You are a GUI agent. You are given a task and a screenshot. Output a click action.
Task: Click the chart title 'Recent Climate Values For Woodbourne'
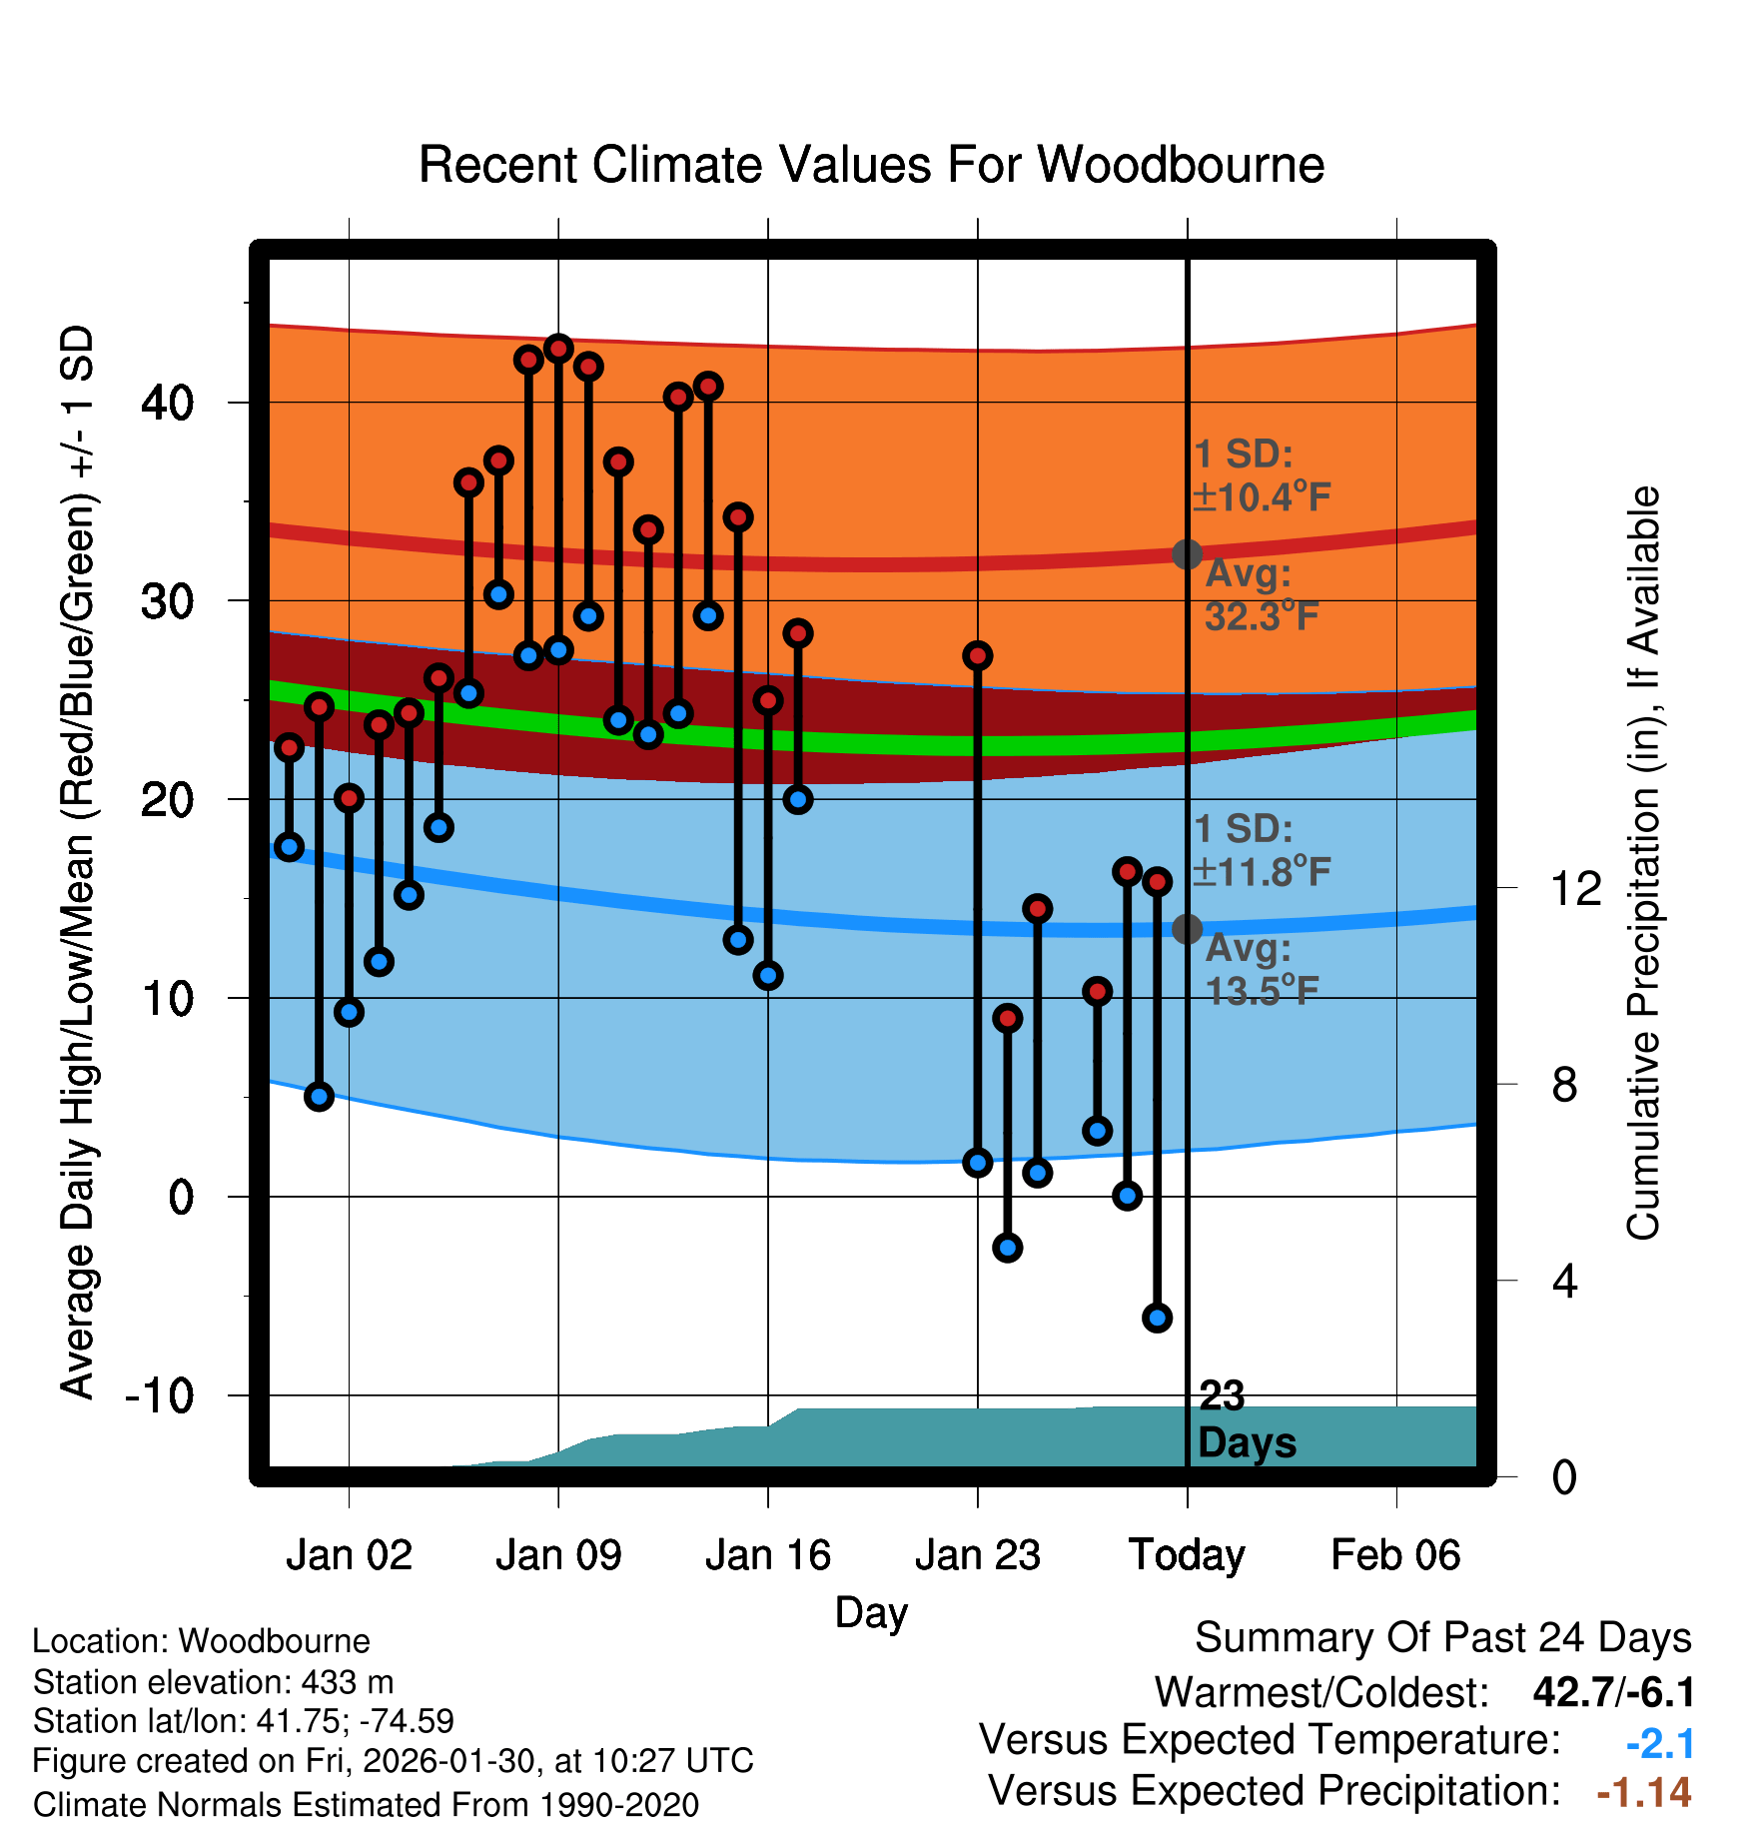pyautogui.click(x=871, y=165)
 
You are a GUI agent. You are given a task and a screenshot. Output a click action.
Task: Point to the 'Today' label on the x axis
pyautogui.click(x=1187, y=1554)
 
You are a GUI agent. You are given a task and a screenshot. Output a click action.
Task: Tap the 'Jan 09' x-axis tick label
pyautogui.click(x=558, y=1554)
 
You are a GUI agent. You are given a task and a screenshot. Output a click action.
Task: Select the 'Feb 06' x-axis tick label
pyautogui.click(x=1395, y=1554)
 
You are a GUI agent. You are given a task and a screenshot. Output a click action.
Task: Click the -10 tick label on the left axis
pyautogui.click(x=160, y=1394)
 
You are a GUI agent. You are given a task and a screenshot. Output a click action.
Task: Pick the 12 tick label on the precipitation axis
pyautogui.click(x=1575, y=888)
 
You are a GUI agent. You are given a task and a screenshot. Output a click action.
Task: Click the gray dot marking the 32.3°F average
pyautogui.click(x=1187, y=553)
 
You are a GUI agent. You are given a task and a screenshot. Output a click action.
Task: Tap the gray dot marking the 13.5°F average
pyautogui.click(x=1187, y=929)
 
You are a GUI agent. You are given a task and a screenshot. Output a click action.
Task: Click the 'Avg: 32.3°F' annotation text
pyautogui.click(x=1261, y=595)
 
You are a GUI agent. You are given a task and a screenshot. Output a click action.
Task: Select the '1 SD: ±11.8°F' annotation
pyautogui.click(x=1261, y=851)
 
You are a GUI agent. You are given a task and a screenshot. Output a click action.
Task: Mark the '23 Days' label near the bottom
pyautogui.click(x=1246, y=1419)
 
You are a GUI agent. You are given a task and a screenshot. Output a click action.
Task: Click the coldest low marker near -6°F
pyautogui.click(x=1157, y=1318)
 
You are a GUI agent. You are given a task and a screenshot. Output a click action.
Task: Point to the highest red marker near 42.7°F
pyautogui.click(x=558, y=349)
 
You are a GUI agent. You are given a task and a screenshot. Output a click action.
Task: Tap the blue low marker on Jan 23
pyautogui.click(x=978, y=1162)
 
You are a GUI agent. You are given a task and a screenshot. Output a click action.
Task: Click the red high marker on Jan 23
pyautogui.click(x=978, y=655)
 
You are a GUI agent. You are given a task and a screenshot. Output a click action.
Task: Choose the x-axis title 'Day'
pyautogui.click(x=871, y=1612)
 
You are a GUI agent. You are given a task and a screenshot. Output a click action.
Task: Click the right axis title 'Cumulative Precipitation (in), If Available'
pyautogui.click(x=1643, y=863)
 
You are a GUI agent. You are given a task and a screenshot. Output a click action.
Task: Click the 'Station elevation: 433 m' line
pyautogui.click(x=213, y=1682)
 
